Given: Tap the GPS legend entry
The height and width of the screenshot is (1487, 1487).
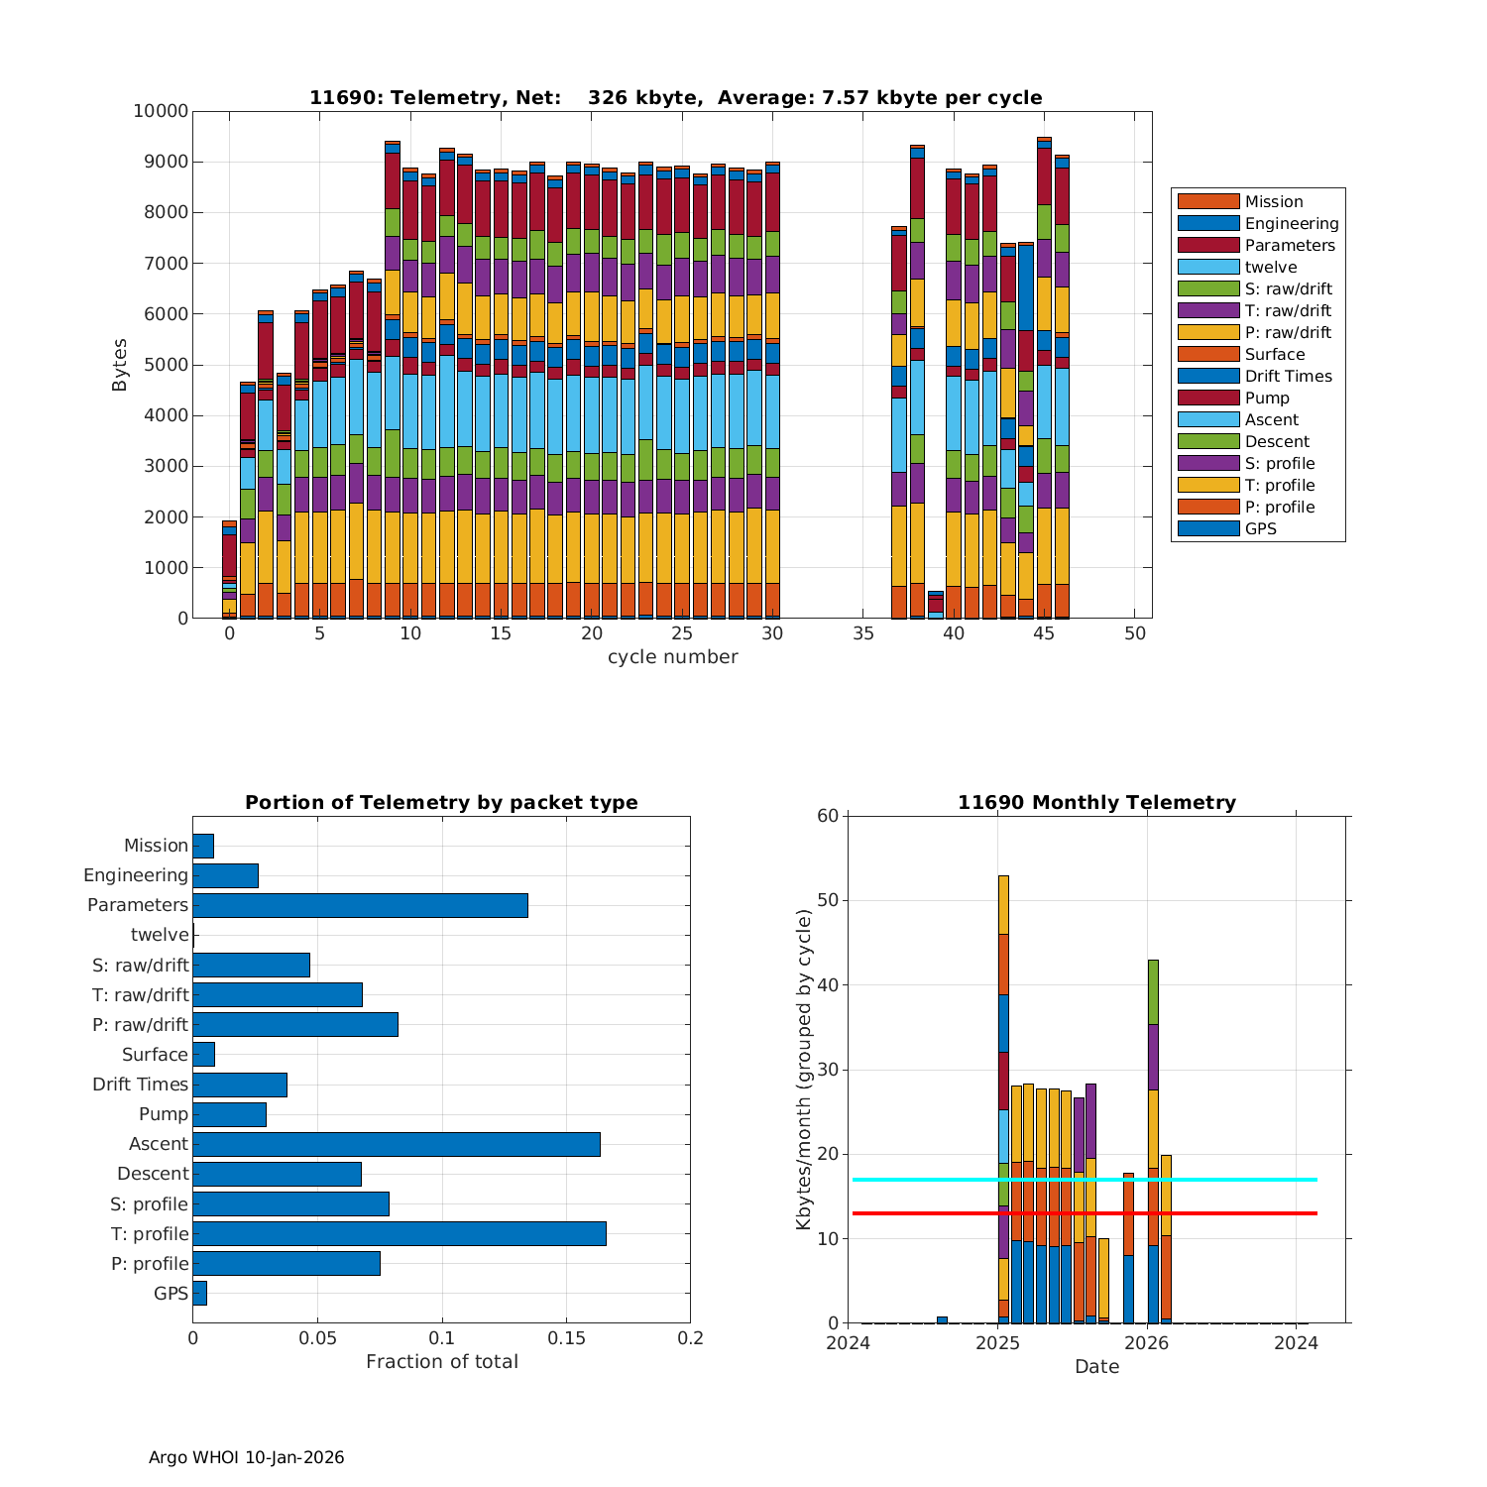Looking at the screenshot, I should point(1260,529).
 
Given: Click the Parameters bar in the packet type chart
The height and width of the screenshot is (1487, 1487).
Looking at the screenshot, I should point(360,905).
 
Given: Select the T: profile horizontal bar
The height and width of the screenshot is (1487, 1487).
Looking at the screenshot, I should point(399,1233).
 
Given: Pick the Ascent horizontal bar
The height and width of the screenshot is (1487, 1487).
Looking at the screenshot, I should point(396,1144).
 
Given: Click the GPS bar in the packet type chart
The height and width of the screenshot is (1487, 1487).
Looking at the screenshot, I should point(199,1293).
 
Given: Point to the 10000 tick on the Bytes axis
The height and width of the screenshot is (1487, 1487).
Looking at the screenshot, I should point(161,111).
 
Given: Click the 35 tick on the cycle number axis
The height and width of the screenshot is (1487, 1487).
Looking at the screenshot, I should point(862,634).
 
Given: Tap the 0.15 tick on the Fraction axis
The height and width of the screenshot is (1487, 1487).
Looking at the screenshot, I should point(566,1338).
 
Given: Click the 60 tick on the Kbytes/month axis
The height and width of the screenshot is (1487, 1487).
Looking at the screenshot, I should point(828,816).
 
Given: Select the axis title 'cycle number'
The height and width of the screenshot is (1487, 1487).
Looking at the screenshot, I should point(672,657).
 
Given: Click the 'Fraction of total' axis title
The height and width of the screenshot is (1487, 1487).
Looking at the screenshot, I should point(441,1362).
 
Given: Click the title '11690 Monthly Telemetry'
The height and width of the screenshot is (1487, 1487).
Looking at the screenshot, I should point(1096,803).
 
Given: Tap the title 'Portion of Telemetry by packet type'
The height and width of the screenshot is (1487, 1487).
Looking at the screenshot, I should point(441,803).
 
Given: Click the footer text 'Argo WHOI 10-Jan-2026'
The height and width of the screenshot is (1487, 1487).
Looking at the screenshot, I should point(246,1457).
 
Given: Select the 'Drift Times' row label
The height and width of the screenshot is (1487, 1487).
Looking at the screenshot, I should point(140,1085).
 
